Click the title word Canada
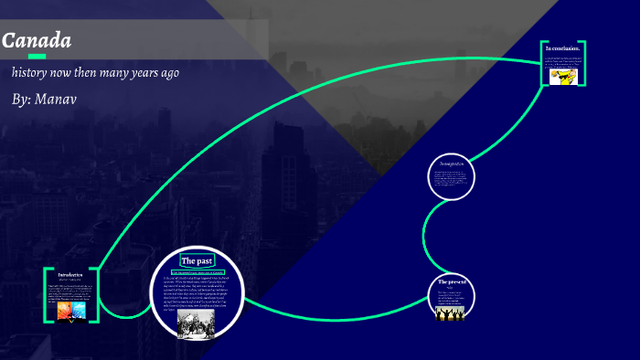point(37,41)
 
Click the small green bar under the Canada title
point(37,57)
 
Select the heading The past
point(197,260)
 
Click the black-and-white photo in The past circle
point(194,322)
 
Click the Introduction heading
point(70,274)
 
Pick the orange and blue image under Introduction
point(70,311)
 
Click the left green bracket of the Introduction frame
point(46,294)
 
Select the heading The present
point(452,281)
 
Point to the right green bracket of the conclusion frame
point(582,63)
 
